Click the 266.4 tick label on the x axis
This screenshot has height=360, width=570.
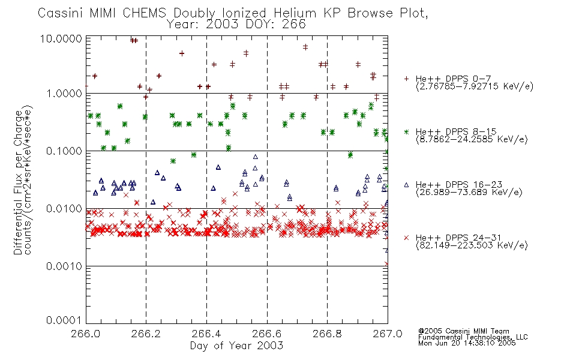pos(206,334)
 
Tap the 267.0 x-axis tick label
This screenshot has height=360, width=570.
pos(388,334)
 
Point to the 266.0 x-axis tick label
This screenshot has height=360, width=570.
pos(86,334)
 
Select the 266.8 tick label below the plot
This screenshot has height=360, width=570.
pos(327,334)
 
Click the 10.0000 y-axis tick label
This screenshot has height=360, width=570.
pos(61,38)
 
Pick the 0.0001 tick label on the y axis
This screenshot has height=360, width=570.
pos(64,320)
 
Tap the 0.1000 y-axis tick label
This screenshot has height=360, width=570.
pos(64,151)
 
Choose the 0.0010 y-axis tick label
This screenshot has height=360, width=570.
pos(64,266)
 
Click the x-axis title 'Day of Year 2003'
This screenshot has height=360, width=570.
pos(236,346)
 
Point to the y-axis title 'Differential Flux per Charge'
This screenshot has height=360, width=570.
pos(18,182)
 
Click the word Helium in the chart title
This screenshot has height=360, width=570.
pos(295,13)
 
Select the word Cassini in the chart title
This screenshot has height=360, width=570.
pos(61,13)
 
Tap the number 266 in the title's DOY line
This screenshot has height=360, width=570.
pos(293,25)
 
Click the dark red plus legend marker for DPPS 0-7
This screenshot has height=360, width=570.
pos(406,79)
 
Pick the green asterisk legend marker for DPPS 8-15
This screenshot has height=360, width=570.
pos(406,131)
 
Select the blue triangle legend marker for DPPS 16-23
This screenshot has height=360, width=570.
pos(406,185)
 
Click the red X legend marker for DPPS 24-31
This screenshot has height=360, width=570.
pos(406,238)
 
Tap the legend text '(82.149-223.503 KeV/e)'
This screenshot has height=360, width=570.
pos(472,245)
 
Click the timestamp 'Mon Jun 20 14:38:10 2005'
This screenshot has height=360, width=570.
pos(467,343)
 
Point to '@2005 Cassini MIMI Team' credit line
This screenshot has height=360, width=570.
pos(463,331)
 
